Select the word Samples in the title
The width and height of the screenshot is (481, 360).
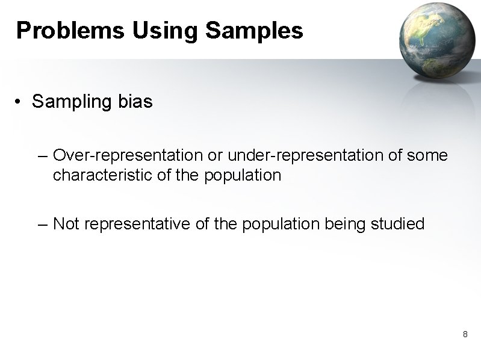[x=254, y=30]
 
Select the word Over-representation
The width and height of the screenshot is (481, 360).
[x=128, y=156]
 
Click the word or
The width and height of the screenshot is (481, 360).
[x=216, y=156]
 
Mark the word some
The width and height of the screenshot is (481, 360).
[x=427, y=156]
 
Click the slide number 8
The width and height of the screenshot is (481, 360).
[x=465, y=334]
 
